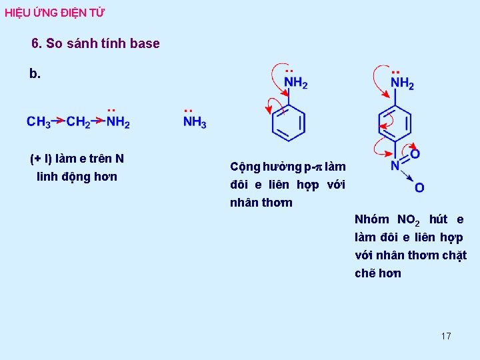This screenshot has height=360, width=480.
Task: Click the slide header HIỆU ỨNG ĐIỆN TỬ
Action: pyautogui.click(x=55, y=13)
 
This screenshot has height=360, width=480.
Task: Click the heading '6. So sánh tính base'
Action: pyautogui.click(x=95, y=44)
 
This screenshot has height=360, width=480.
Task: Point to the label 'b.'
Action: pyautogui.click(x=35, y=74)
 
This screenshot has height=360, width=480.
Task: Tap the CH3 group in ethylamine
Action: pyautogui.click(x=39, y=123)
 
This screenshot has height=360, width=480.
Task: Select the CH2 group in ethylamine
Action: pyautogui.click(x=79, y=123)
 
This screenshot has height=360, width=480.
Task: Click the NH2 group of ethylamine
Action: pyautogui.click(x=118, y=123)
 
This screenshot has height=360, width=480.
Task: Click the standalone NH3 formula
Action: pyautogui.click(x=195, y=123)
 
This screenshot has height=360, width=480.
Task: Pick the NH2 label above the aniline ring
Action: pyautogui.click(x=296, y=83)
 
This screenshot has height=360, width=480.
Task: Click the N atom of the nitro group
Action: pyautogui.click(x=395, y=165)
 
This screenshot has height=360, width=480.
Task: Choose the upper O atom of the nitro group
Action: pyautogui.click(x=415, y=155)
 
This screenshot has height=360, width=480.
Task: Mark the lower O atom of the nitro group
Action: pyautogui.click(x=419, y=188)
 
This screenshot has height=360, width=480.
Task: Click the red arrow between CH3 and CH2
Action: pyautogui.click(x=59, y=121)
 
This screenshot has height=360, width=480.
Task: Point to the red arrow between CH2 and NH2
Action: pyautogui.click(x=98, y=121)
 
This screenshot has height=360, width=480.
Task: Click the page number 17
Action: pyautogui.click(x=446, y=336)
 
